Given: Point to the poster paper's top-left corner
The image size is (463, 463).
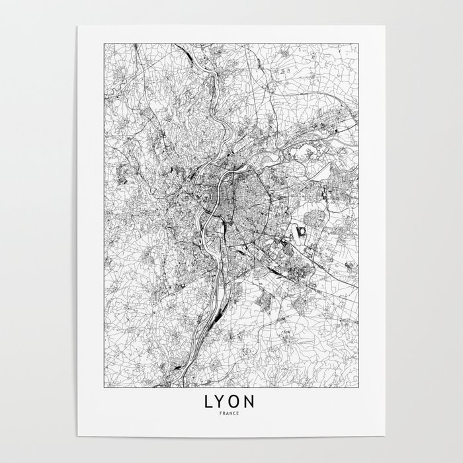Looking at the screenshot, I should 78,26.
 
